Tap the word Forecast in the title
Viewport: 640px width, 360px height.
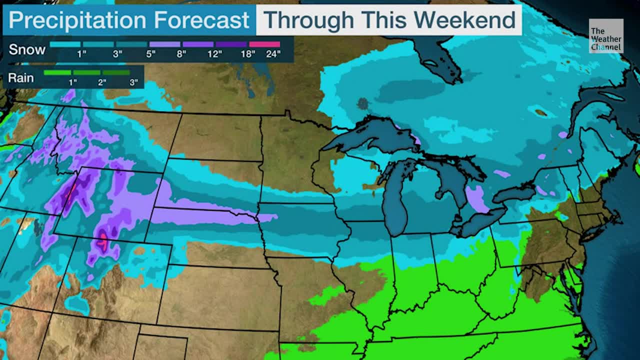click(x=201, y=20)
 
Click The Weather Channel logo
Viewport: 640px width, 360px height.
click(x=606, y=36)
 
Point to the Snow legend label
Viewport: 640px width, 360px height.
click(x=27, y=49)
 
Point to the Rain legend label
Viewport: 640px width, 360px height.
click(x=21, y=78)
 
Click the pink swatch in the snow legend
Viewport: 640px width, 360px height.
click(x=264, y=44)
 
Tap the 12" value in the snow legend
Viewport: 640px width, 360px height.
click(x=214, y=54)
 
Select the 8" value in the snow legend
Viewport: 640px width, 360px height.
click(x=181, y=54)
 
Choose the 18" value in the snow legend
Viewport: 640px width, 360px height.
click(x=248, y=54)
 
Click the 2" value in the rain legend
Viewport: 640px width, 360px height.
click(x=102, y=82)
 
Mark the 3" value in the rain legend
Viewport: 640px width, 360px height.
click(x=133, y=82)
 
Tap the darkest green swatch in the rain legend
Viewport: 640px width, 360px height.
click(x=116, y=73)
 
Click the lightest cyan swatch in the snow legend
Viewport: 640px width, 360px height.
click(x=65, y=44)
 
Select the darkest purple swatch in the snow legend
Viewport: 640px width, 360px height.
click(x=231, y=44)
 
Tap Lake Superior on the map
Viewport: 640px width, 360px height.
click(x=370, y=132)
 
